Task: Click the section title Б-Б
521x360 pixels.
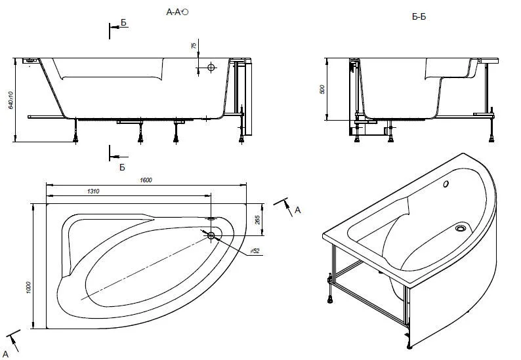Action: coord(419,16)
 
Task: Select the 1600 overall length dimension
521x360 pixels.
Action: coord(146,180)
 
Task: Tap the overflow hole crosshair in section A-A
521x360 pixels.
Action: coord(211,68)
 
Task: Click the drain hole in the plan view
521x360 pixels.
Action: coord(211,235)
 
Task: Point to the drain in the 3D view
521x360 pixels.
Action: coord(461,229)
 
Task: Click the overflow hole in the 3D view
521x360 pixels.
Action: coord(446,185)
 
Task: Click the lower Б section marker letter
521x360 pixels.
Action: coord(121,167)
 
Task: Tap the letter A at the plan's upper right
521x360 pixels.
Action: coord(297,210)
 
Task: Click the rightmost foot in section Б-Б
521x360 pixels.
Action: coord(492,138)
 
